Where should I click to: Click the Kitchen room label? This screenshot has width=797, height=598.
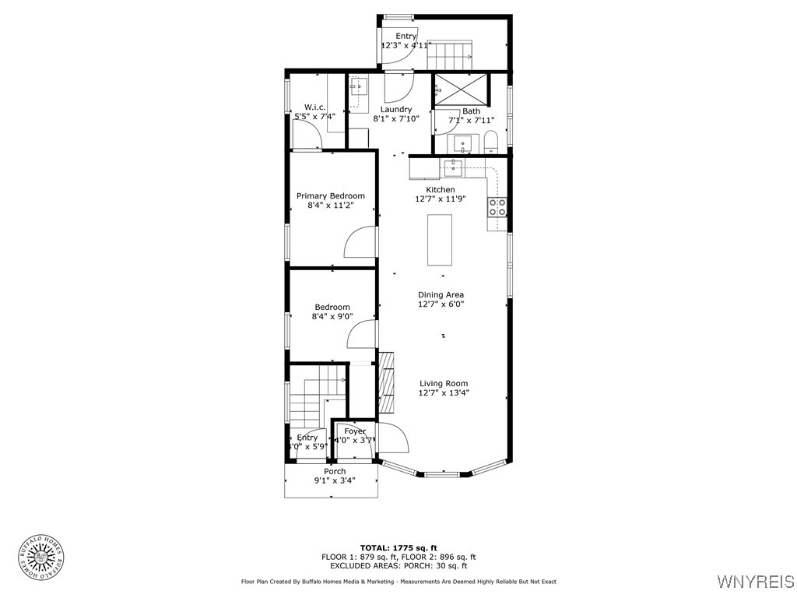(x=440, y=190)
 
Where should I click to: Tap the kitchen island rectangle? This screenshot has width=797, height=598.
(x=439, y=240)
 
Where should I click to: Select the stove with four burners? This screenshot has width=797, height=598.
(x=497, y=207)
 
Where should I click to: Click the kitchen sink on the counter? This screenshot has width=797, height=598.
(x=452, y=167)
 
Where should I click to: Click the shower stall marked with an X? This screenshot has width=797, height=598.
(x=461, y=88)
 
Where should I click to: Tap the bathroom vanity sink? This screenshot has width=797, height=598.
(x=465, y=144)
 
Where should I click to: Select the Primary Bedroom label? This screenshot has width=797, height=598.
(x=330, y=196)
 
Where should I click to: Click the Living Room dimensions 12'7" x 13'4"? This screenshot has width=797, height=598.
(x=444, y=394)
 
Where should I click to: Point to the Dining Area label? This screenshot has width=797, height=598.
(x=441, y=294)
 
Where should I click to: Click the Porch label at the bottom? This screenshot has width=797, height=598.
(x=335, y=471)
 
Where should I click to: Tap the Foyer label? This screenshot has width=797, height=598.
(x=355, y=431)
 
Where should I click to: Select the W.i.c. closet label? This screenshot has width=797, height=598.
(x=314, y=107)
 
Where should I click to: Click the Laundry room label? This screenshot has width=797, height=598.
(x=395, y=110)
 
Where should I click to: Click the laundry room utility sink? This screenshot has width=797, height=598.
(x=359, y=86)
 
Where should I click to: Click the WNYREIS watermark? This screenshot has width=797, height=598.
(x=754, y=582)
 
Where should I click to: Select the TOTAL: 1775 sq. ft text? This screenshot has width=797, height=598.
(x=398, y=547)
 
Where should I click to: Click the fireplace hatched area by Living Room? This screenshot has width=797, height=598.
(x=386, y=383)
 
